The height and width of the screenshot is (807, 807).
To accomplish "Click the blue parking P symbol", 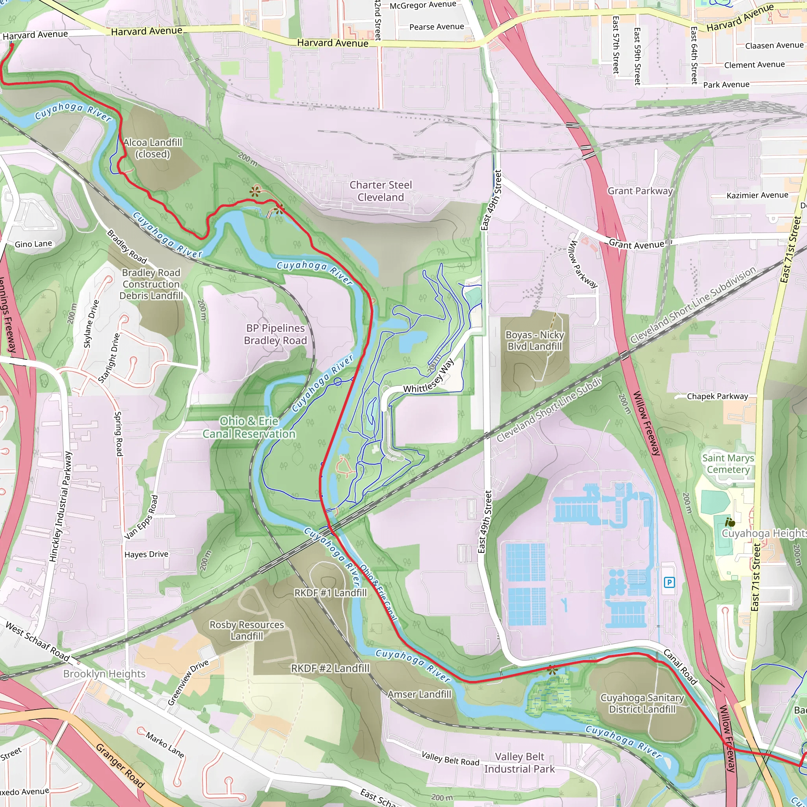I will point(669,582).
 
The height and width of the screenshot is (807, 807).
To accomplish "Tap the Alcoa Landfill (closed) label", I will point(153,148).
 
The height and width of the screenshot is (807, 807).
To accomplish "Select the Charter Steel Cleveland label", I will point(381,191).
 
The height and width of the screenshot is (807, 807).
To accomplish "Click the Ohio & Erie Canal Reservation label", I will point(249,427).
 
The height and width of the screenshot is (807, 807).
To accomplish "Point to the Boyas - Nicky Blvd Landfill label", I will point(535,340).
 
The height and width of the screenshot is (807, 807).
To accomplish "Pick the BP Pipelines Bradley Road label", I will point(275,334).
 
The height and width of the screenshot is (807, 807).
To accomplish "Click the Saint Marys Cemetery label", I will point(728,464).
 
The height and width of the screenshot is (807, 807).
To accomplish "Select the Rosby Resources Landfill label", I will point(247,630).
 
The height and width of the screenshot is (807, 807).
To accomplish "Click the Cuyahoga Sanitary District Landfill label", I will point(642,703).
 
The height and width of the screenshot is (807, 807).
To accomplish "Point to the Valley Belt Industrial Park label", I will point(519,763).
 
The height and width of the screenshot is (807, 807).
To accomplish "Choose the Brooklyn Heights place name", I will point(104,674).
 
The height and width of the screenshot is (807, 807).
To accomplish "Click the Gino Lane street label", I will point(33,244).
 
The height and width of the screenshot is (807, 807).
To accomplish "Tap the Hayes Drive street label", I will point(146,554).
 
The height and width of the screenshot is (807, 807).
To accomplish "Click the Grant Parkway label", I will point(640,191).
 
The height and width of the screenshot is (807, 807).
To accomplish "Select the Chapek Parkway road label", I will point(717,396).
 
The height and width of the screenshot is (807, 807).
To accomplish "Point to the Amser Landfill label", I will point(419,694).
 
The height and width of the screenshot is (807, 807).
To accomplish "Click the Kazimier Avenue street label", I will point(757,195).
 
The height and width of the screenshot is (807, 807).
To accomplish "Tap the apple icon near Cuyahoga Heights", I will point(730,522).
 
